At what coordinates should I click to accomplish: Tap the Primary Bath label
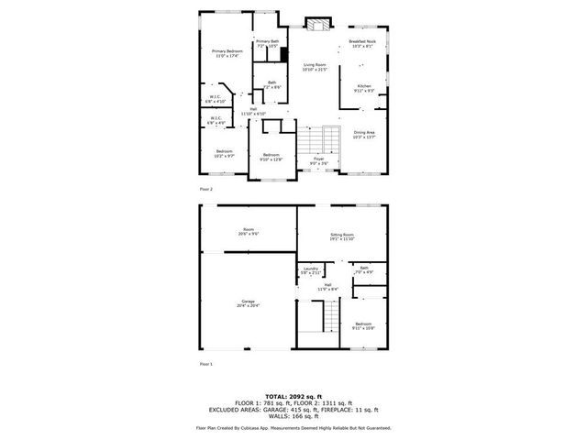[x=268, y=41]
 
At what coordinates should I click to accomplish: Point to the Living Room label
[x=315, y=65]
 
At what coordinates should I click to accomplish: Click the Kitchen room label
[x=364, y=85]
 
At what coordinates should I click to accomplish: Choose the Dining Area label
[x=364, y=132]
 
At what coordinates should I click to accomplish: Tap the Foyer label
[x=319, y=159]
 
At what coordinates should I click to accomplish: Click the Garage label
[x=248, y=302]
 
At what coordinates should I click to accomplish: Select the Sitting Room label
[x=342, y=235]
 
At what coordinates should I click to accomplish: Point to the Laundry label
[x=311, y=269]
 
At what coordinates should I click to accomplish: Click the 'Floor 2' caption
[x=206, y=188]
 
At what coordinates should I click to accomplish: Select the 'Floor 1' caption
[x=206, y=364]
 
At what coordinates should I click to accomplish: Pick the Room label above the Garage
[x=248, y=229]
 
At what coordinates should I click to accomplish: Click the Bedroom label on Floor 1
[x=364, y=324]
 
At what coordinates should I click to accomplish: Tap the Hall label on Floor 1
[x=327, y=286]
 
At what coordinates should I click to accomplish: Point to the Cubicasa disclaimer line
[x=293, y=428]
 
